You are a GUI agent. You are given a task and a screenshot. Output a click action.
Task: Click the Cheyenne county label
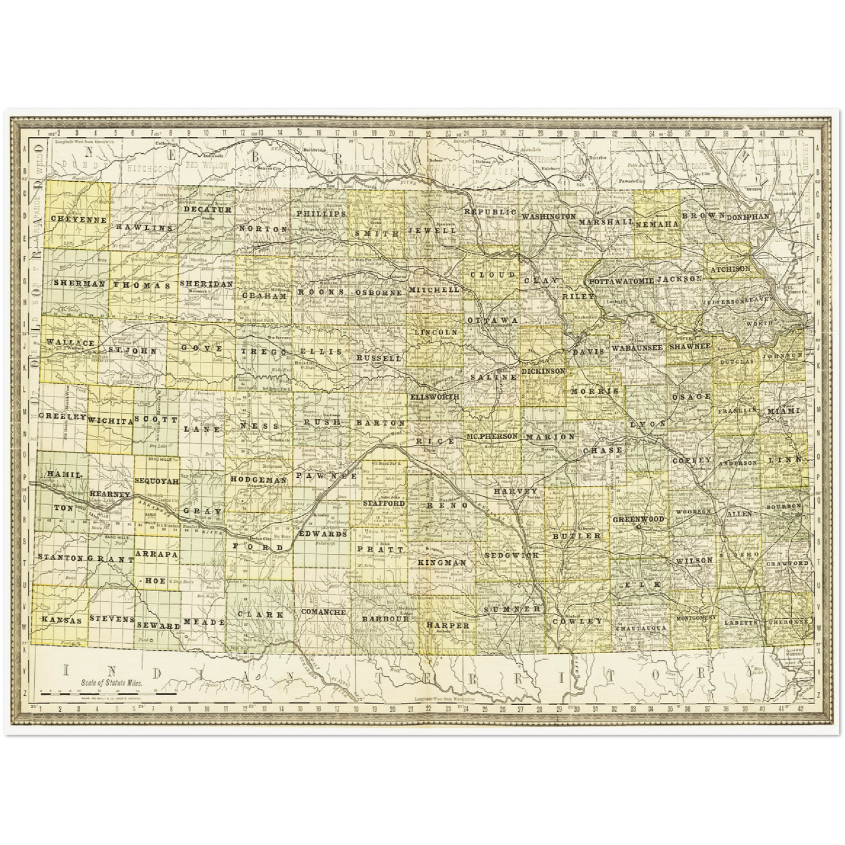coord(79,220)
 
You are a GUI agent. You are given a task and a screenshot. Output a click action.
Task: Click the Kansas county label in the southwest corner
coord(60,620)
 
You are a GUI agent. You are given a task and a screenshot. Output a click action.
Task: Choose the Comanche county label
coord(323,612)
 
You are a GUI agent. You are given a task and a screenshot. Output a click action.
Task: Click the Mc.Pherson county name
coord(492,436)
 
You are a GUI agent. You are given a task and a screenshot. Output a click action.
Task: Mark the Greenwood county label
coord(639,519)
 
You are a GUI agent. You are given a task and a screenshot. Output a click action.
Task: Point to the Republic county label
coord(490,212)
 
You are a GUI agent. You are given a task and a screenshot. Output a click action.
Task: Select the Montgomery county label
coord(695,618)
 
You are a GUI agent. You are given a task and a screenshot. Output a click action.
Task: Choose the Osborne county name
coord(378,292)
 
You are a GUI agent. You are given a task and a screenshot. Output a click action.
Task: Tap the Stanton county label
coord(60,557)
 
